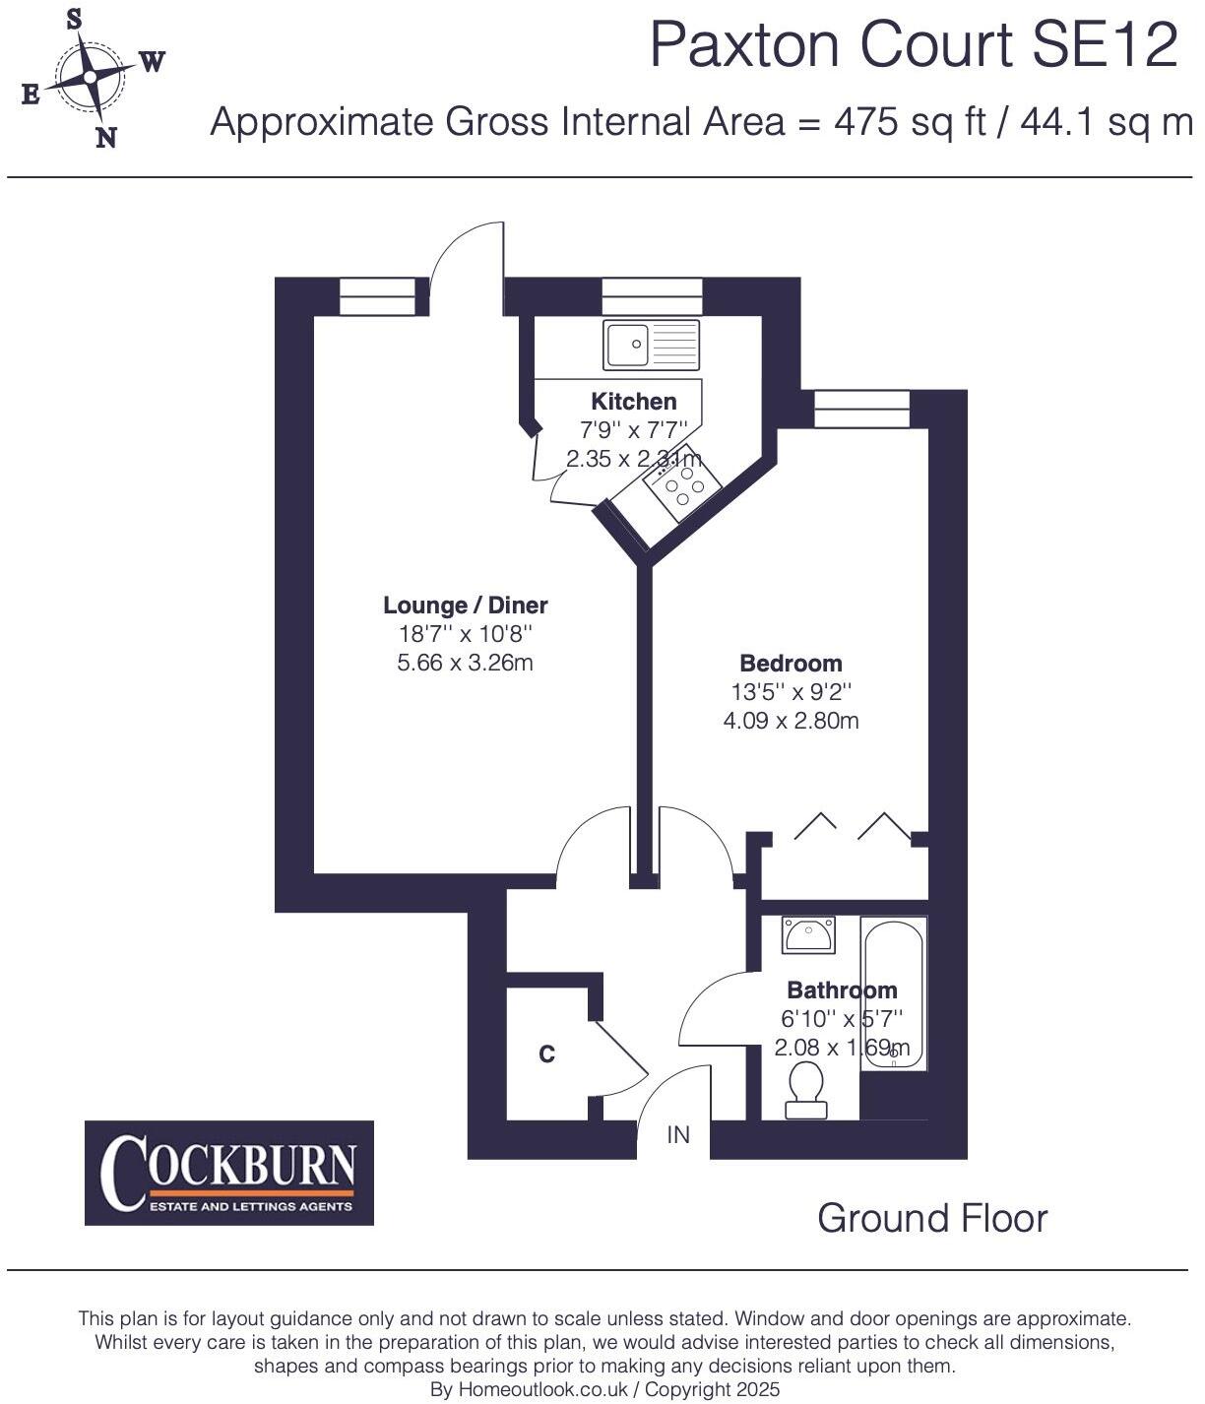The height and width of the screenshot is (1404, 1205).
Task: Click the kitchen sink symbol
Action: point(652,345)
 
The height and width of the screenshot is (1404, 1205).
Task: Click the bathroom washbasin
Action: point(808,934)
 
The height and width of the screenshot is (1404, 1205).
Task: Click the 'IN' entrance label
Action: point(678,1135)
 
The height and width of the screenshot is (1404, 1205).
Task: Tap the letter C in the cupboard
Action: point(546,1054)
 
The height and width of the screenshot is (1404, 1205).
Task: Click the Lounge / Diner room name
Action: point(465,606)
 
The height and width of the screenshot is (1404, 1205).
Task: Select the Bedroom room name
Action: point(791,664)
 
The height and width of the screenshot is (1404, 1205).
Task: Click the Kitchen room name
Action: point(633,402)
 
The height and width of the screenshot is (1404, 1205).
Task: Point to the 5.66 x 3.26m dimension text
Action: point(465,663)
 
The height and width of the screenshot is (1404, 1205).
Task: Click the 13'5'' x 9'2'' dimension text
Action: point(791,692)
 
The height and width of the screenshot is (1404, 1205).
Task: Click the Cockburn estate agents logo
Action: point(229,1173)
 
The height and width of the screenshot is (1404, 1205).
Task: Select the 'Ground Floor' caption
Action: point(931,1219)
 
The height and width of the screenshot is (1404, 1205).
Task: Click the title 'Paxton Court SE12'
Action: point(913,45)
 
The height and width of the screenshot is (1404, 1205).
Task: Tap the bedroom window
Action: point(861,409)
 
